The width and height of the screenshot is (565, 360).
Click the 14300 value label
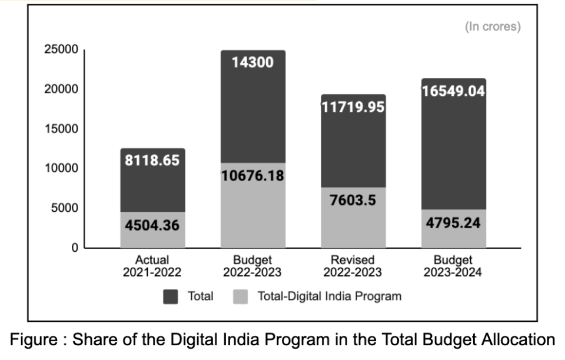(x=253, y=62)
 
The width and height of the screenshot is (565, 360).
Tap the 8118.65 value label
(x=152, y=160)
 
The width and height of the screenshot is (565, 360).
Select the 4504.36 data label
(x=152, y=225)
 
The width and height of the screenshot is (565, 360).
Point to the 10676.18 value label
(x=253, y=175)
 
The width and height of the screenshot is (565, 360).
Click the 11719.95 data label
(x=353, y=108)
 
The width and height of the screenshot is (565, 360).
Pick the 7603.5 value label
(x=353, y=200)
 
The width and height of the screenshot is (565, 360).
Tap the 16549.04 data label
(x=453, y=92)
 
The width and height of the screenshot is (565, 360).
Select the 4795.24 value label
(x=453, y=224)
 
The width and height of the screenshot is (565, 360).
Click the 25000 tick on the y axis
(x=61, y=49)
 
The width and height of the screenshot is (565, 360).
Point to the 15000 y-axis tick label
(x=61, y=129)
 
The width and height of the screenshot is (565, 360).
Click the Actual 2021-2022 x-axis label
(x=152, y=266)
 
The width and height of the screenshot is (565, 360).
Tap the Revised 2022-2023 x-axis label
(x=353, y=266)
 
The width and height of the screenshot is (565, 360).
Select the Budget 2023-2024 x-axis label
(x=453, y=266)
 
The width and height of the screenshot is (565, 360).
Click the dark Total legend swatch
(x=171, y=296)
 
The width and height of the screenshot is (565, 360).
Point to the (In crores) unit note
(x=493, y=27)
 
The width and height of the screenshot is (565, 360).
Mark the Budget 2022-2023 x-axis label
(x=253, y=266)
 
